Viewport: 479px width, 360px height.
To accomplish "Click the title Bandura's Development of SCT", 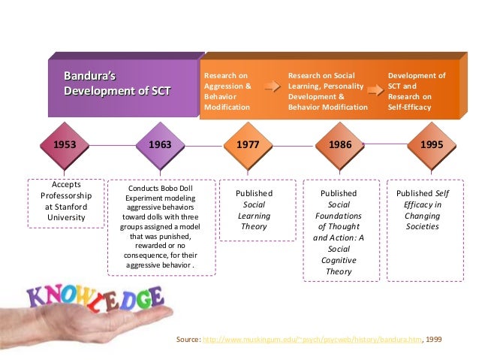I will [116, 83].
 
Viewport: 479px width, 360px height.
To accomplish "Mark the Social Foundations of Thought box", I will [339, 229].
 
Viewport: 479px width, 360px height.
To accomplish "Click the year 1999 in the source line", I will [433, 340].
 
